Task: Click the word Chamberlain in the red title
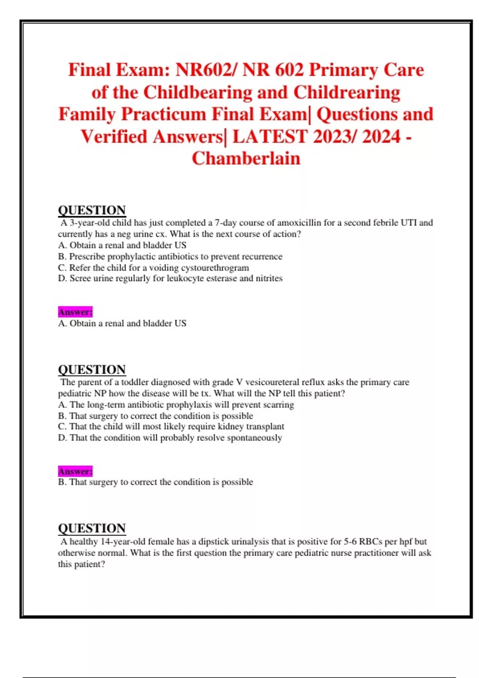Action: (x=246, y=158)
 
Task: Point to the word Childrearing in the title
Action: (x=347, y=92)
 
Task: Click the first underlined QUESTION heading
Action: (x=92, y=210)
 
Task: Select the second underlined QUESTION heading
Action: (x=92, y=369)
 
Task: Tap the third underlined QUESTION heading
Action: (x=92, y=528)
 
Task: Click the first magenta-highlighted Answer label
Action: (x=75, y=311)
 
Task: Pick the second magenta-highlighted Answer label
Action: (x=75, y=471)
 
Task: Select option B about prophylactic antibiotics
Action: (x=170, y=256)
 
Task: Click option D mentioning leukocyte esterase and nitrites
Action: (x=170, y=278)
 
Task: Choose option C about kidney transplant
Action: (x=171, y=426)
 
